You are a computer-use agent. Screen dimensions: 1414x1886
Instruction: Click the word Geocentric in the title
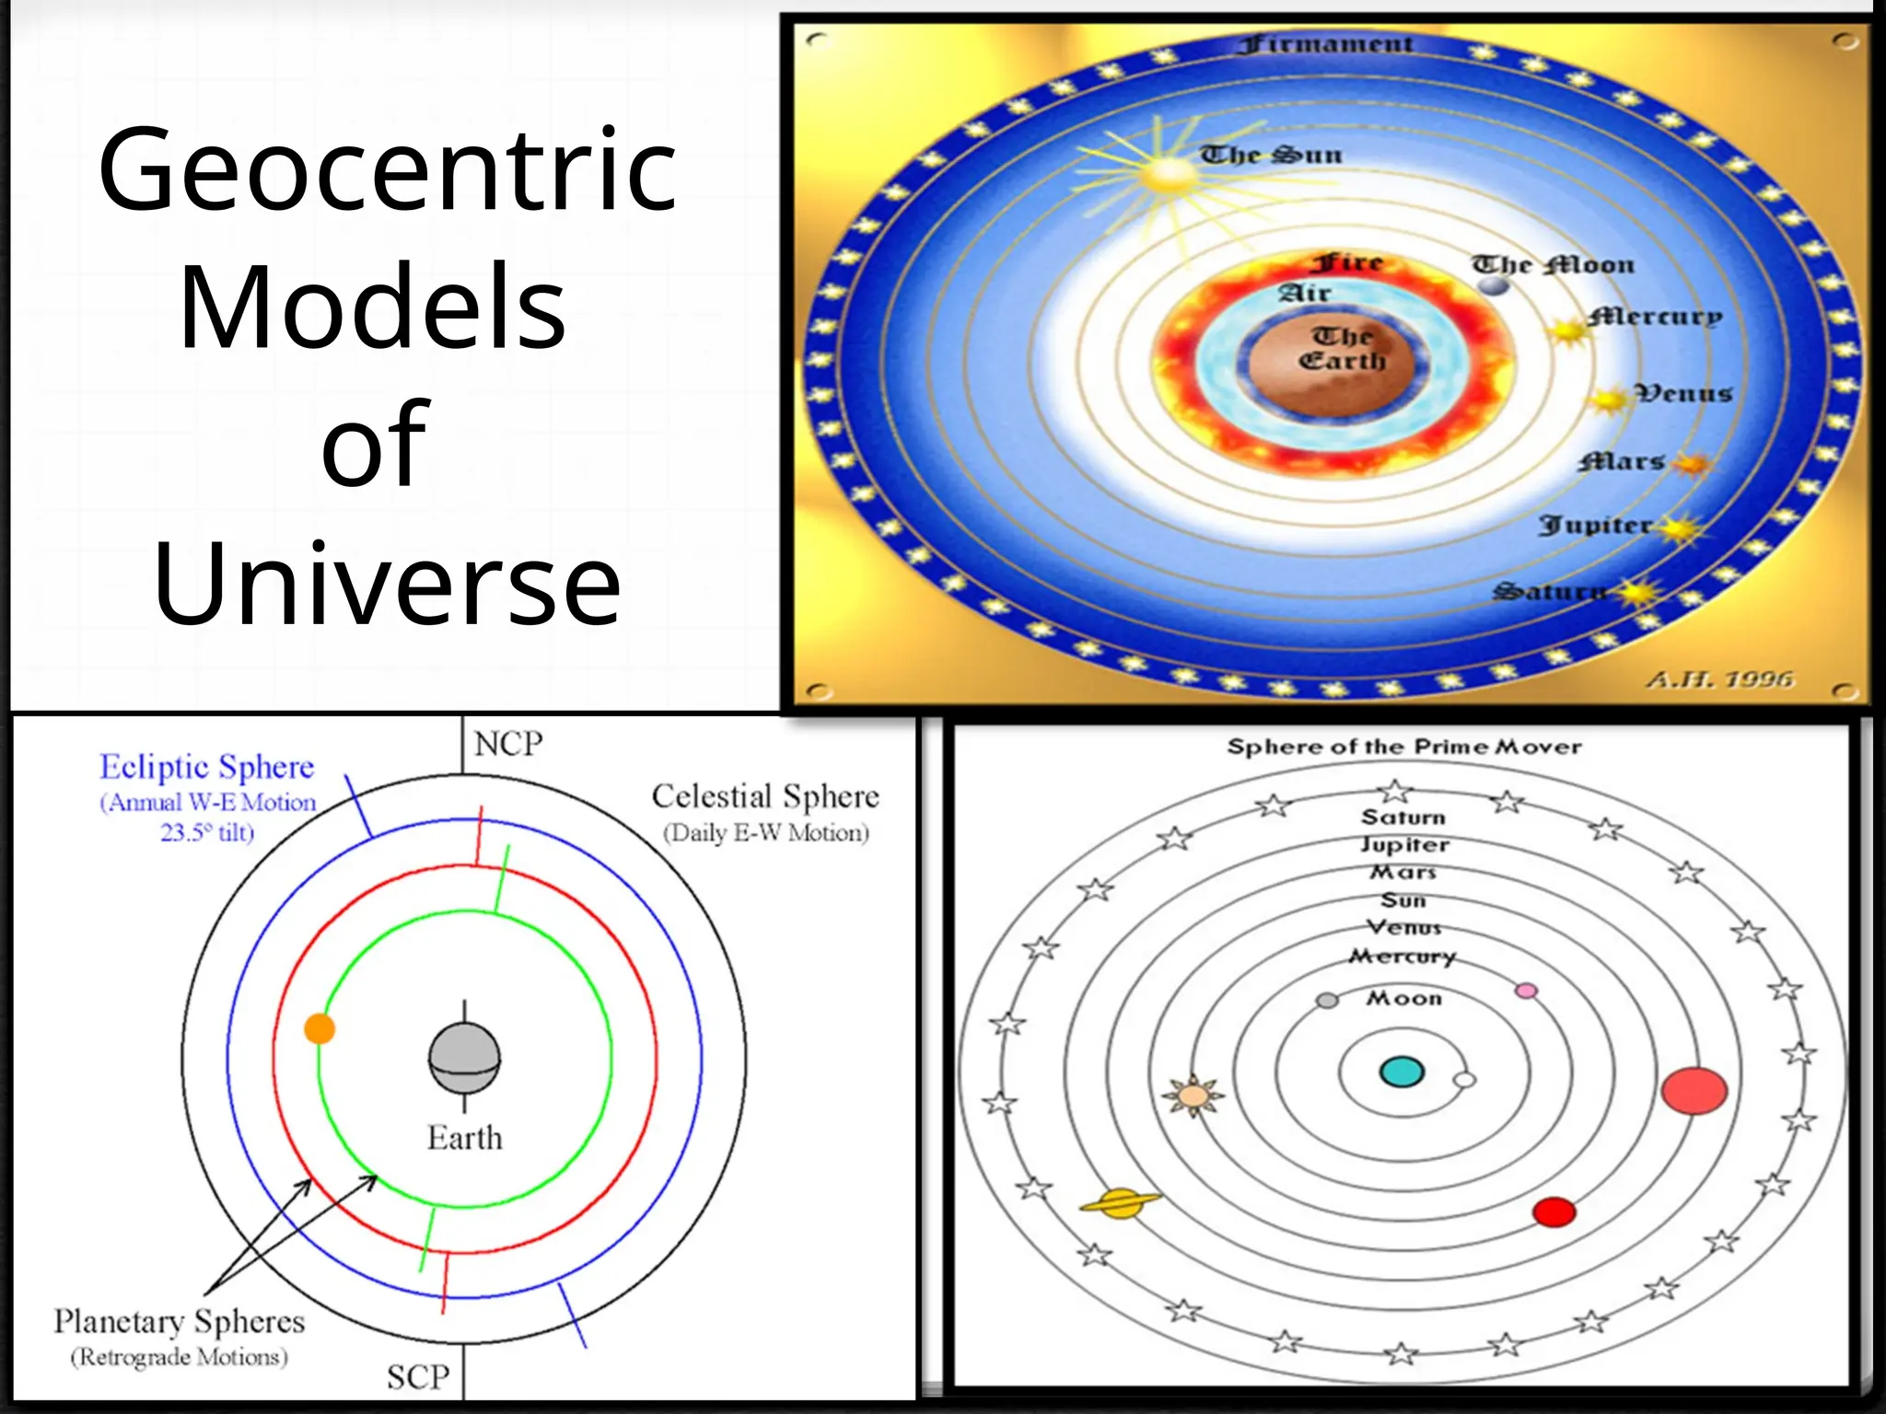[x=387, y=170]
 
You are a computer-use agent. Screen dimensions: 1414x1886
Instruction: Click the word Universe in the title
[x=387, y=585]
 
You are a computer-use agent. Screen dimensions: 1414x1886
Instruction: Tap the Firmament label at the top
[x=1325, y=44]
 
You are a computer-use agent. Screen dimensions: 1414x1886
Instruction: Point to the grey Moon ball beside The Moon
[x=1494, y=285]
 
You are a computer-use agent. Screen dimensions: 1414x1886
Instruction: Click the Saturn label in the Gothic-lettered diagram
[x=1549, y=591]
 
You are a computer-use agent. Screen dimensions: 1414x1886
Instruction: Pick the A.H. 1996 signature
[x=1719, y=679]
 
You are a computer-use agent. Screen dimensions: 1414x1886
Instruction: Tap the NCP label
[x=507, y=744]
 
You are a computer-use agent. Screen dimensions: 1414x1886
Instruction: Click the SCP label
[x=418, y=1377]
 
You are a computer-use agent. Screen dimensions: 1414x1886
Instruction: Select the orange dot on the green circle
[x=320, y=1028]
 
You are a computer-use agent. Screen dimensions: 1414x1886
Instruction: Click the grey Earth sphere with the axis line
[x=464, y=1059]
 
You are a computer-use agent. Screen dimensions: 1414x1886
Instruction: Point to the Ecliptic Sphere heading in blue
[x=206, y=767]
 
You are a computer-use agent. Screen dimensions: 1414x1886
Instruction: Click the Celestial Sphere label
[x=764, y=796]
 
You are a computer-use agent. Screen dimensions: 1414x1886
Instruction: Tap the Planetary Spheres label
[x=179, y=1322]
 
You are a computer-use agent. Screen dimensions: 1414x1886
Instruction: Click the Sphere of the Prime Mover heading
[x=1403, y=747]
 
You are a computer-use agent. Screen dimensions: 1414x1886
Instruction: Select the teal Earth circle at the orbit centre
[x=1402, y=1072]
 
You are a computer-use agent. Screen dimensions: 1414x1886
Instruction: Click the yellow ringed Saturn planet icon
[x=1121, y=1202]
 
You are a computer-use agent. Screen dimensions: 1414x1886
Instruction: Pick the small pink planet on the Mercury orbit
[x=1526, y=991]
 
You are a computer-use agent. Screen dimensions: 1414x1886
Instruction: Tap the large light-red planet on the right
[x=1694, y=1091]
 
